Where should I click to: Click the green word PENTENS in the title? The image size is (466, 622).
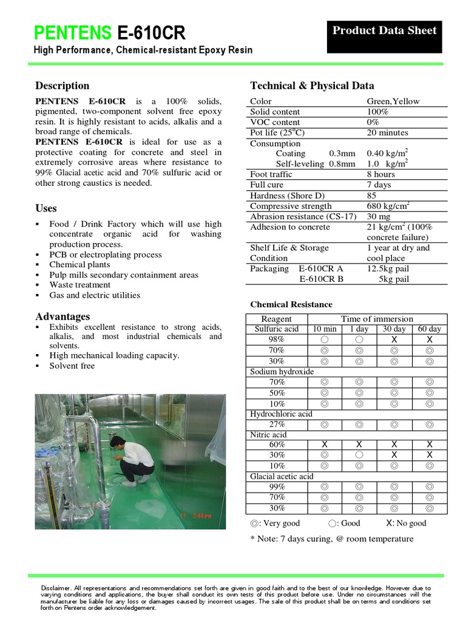[x=72, y=32]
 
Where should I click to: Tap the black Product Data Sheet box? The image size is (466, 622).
[x=385, y=30]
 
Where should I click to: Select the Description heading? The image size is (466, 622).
[x=62, y=86]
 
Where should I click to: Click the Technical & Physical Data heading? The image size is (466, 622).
[x=312, y=86]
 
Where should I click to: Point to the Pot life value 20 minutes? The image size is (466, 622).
[x=387, y=132]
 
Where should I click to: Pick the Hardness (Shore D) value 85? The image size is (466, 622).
[x=371, y=196]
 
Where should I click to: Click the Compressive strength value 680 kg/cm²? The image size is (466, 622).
[x=388, y=206]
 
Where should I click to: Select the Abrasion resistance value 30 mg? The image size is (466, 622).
[x=379, y=216]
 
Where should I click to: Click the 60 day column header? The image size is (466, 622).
[x=430, y=329]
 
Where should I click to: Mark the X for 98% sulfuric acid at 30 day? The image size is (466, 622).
[x=394, y=340]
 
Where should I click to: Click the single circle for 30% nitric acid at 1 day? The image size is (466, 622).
[x=359, y=455]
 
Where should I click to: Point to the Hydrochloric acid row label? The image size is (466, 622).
[x=281, y=414]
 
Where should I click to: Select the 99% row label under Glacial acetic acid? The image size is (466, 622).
[x=277, y=487]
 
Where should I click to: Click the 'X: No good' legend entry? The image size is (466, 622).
[x=406, y=523]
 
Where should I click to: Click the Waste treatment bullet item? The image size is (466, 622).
[x=79, y=284]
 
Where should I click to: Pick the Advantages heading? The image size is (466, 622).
[x=62, y=316]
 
